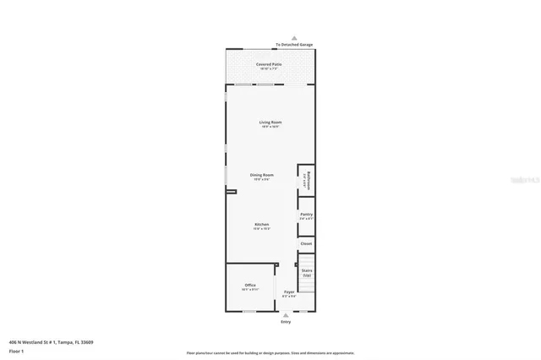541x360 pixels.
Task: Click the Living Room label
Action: [x=270, y=123]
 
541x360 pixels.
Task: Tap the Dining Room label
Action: [x=261, y=175]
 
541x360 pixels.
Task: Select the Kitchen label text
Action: [x=262, y=224]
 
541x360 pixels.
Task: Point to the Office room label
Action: [x=250, y=285]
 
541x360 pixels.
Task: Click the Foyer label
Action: [x=289, y=292]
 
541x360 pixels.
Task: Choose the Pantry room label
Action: [x=306, y=215]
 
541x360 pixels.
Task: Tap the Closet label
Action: [x=306, y=243]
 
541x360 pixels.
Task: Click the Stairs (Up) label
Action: [x=307, y=273]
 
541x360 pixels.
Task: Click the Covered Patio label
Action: [x=270, y=64]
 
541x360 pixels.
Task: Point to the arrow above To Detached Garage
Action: [x=294, y=38]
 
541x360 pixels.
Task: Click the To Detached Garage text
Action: [x=293, y=45]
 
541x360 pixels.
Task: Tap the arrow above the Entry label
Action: [x=286, y=315]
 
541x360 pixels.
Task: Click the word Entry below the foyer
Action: [x=286, y=322]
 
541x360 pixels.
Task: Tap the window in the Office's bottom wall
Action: [x=250, y=312]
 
